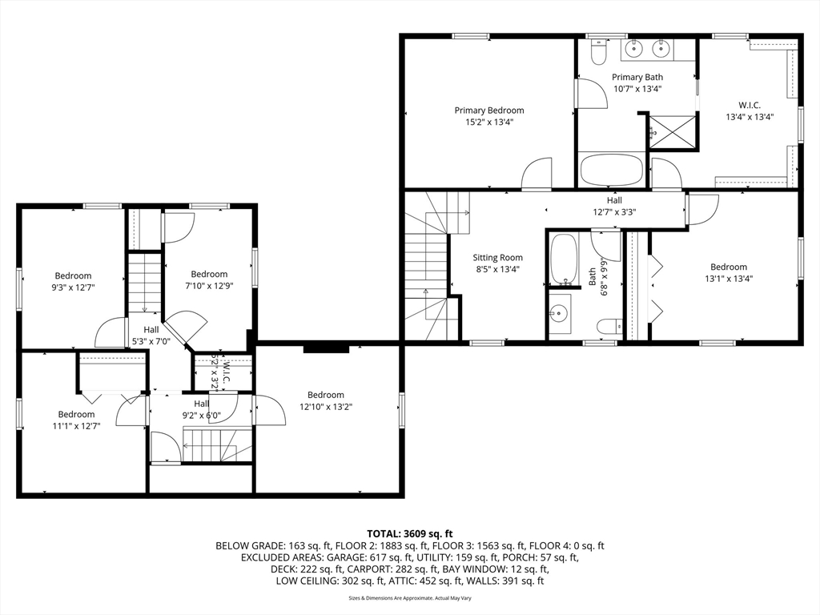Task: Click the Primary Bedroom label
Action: tap(489, 116)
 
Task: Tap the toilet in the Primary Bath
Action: tap(597, 52)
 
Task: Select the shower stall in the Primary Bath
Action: tap(673, 132)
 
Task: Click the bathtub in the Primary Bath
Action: tap(611, 169)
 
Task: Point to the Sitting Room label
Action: tap(497, 263)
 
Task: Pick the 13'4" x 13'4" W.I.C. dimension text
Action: tap(750, 117)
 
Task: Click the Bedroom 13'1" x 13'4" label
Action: tap(729, 272)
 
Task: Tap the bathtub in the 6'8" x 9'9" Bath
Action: tap(564, 259)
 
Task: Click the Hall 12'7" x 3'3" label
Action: tap(614, 206)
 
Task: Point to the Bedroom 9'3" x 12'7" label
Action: tap(73, 281)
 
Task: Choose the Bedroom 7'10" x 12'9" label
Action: tap(209, 279)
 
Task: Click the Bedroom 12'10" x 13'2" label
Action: tap(326, 400)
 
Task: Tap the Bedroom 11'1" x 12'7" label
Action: tap(76, 420)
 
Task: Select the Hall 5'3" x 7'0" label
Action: tap(151, 336)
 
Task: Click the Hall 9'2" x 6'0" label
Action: tap(202, 409)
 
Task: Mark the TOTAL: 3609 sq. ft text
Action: tap(409, 534)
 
